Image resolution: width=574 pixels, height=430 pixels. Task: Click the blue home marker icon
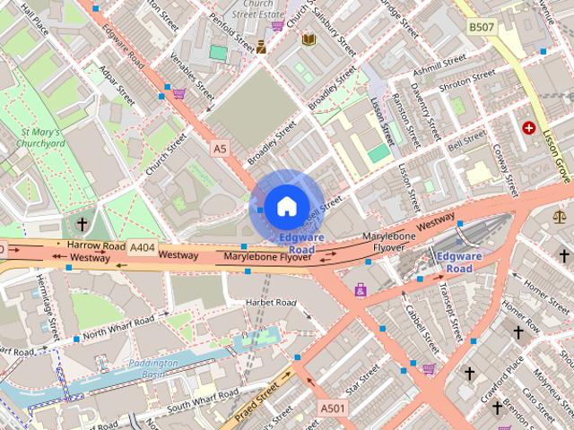[285, 206]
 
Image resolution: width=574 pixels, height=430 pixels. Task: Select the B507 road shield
[481, 28]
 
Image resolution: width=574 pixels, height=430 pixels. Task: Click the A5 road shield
[220, 147]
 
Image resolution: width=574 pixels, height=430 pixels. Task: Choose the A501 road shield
[332, 408]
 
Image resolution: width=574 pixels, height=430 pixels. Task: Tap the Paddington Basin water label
[148, 369]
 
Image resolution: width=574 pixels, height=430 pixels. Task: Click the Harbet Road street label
[271, 303]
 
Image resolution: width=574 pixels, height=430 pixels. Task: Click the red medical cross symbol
[530, 128]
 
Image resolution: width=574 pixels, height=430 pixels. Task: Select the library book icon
[309, 39]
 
